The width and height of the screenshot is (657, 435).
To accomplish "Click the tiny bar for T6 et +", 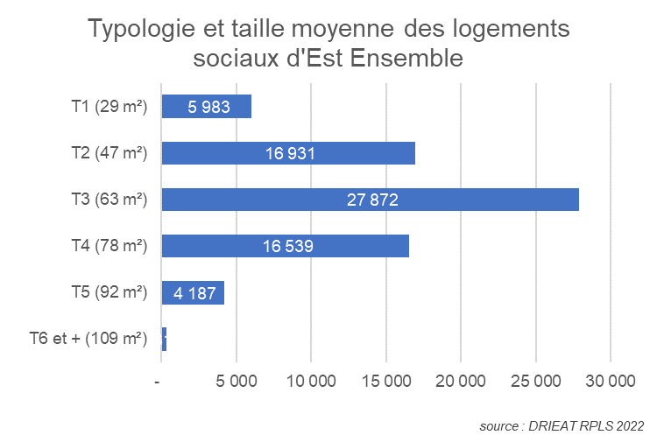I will (x=164, y=340).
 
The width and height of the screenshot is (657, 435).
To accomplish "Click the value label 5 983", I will (x=208, y=107).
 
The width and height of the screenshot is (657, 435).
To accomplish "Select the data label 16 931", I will (x=289, y=154).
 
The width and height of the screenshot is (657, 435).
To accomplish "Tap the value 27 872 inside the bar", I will (x=371, y=200).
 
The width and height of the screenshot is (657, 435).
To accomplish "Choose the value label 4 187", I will (x=194, y=293).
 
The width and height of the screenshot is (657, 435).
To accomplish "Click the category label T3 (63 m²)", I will (x=109, y=200).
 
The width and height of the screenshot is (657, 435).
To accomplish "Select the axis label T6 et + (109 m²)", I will (x=88, y=340).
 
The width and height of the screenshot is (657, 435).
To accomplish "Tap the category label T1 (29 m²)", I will (x=109, y=107).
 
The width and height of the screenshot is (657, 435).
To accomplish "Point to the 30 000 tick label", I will (x=610, y=382).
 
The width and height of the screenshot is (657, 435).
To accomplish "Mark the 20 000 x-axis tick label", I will (x=461, y=382).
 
